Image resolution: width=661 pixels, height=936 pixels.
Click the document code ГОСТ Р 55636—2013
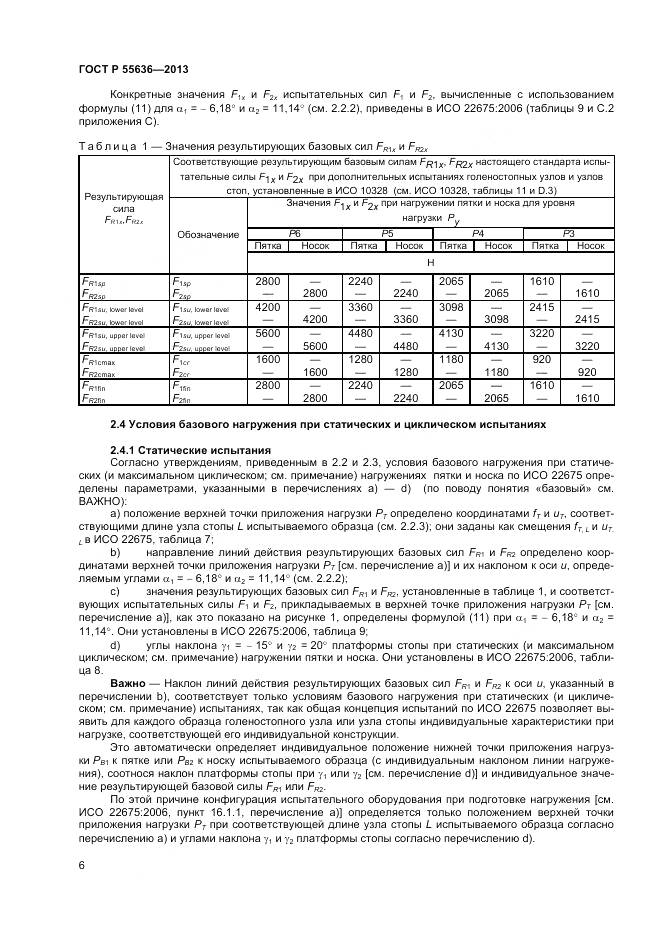(x=119, y=67)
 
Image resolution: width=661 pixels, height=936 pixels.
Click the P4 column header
(x=477, y=232)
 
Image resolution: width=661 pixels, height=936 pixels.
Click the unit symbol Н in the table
(x=430, y=261)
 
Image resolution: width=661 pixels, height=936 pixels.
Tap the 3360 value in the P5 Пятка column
(x=360, y=307)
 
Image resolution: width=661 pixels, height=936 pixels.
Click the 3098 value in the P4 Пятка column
(x=453, y=307)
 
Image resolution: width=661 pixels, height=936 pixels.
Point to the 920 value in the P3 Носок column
(x=590, y=373)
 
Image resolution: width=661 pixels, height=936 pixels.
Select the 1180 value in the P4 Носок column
(x=499, y=373)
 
